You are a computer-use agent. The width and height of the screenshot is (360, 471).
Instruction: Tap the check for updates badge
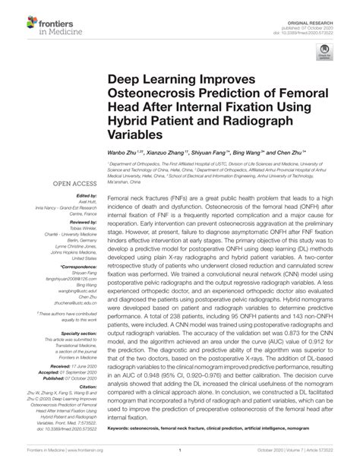point(327,55)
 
